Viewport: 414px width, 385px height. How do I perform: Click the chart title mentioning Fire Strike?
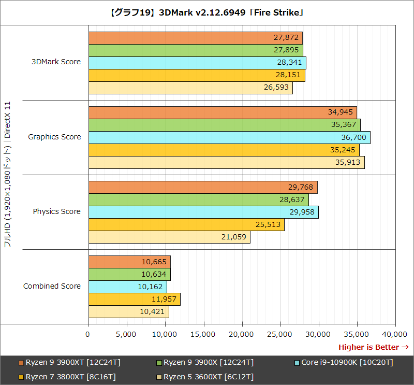[207, 12]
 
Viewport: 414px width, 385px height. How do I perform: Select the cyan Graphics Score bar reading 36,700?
[229, 137]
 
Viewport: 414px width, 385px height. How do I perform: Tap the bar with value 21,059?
[169, 237]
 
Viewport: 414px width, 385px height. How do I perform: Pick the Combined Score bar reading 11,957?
[134, 299]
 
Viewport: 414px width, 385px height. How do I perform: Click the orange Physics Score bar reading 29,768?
[203, 187]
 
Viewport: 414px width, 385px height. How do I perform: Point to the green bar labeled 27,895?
[196, 50]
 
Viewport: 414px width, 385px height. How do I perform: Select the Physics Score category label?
[56, 211]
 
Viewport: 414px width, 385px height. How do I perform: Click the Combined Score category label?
[52, 286]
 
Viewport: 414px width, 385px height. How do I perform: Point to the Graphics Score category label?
[54, 137]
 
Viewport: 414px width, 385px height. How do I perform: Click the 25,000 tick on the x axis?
[280, 335]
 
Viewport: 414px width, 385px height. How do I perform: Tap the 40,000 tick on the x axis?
[395, 335]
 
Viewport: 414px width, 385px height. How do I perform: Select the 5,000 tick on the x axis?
[127, 335]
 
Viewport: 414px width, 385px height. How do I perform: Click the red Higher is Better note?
[373, 347]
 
